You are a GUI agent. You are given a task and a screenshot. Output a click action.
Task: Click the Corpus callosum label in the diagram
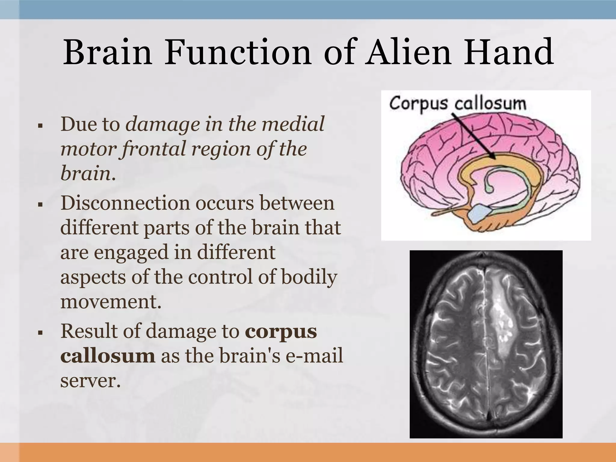click(x=457, y=104)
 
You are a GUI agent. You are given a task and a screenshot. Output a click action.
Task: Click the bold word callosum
click(x=108, y=356)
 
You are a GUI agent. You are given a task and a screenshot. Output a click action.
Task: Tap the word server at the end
click(x=88, y=381)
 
